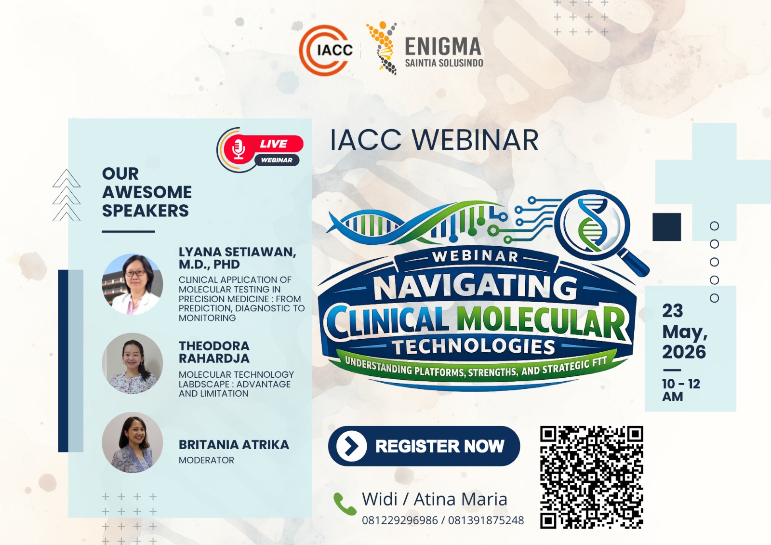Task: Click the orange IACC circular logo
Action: coord(325,50)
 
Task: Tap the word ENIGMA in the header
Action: coord(443,46)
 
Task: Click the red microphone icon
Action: coord(239,149)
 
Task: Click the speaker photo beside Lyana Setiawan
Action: coord(133,284)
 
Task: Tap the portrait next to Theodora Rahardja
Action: coord(133,363)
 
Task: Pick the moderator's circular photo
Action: coord(133,442)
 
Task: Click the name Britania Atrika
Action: coord(234,444)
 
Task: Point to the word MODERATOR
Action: coord(207,460)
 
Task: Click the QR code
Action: coord(591,477)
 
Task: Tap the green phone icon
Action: coord(345,504)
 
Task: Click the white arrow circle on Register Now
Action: coord(351,446)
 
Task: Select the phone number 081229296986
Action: coord(399,520)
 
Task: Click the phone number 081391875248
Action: coord(486,520)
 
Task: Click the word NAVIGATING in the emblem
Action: coord(475,288)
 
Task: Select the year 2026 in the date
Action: coord(684,352)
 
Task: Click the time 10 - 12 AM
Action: coord(681,390)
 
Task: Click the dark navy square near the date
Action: coord(667,227)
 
